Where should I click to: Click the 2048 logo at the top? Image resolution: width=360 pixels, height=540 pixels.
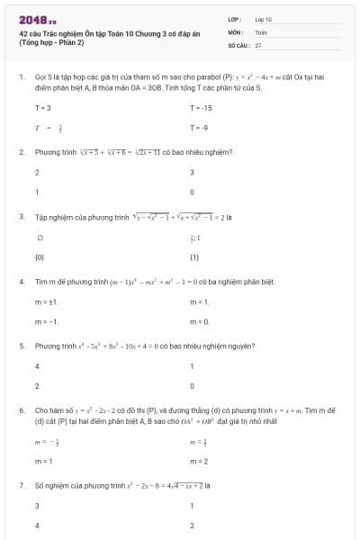(x=37, y=18)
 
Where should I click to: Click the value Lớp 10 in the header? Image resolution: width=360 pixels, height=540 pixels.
(x=264, y=18)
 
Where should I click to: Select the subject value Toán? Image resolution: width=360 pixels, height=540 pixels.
(x=261, y=31)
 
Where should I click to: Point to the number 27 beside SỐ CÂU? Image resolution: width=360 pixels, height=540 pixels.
(x=258, y=44)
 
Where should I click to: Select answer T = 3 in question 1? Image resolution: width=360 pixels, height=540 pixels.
(x=42, y=108)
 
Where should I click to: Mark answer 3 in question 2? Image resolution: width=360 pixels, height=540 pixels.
(x=193, y=172)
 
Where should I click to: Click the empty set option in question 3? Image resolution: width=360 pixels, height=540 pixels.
(x=39, y=238)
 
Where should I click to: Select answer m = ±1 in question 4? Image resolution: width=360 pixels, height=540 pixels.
(x=46, y=301)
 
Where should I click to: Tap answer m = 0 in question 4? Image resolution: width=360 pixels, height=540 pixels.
(x=200, y=321)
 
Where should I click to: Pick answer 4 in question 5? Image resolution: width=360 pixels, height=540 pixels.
(x=37, y=366)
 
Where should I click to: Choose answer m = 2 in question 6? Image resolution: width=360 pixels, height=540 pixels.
(x=200, y=461)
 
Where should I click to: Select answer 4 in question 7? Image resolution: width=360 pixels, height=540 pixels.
(x=37, y=525)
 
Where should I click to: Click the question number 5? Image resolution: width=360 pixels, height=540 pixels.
(x=21, y=346)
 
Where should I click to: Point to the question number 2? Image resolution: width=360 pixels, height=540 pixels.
(x=21, y=152)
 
